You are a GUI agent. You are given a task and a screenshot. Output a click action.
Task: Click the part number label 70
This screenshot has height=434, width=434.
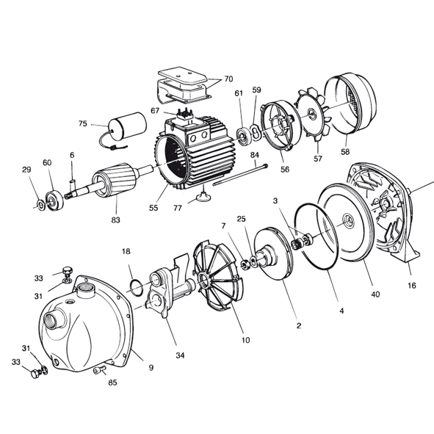(x=228, y=79)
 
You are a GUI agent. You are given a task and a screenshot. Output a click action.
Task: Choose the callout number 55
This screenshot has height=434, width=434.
(x=153, y=209)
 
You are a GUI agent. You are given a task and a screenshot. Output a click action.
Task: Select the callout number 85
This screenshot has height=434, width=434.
(x=112, y=383)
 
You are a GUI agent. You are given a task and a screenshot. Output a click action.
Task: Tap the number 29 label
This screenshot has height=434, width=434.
(x=26, y=170)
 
